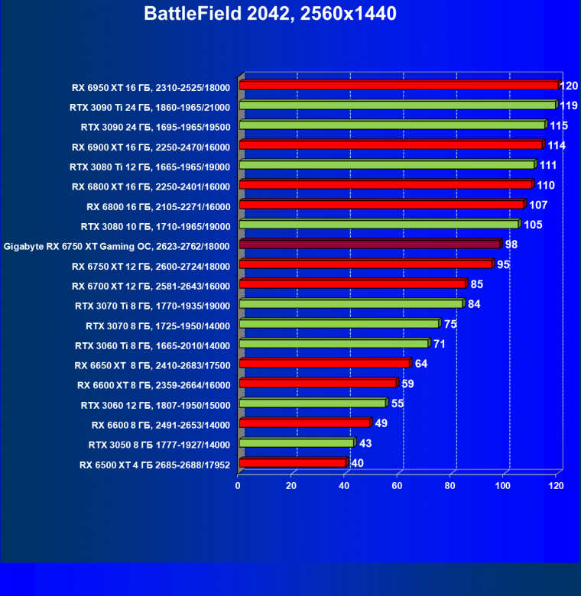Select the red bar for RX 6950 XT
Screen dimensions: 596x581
[x=398, y=86]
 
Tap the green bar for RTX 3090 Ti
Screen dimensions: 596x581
[x=398, y=105]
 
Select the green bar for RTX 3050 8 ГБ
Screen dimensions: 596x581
[x=296, y=443]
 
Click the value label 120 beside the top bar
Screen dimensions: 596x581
[x=569, y=86]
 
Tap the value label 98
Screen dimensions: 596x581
[x=512, y=244]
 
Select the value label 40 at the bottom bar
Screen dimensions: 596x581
[x=358, y=462]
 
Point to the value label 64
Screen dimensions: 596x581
[x=421, y=363]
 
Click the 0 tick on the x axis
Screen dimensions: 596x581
[x=239, y=485]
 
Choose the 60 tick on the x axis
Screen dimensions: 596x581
[x=398, y=485]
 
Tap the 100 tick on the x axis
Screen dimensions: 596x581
[x=504, y=485]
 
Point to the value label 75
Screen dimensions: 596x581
[x=450, y=323]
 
